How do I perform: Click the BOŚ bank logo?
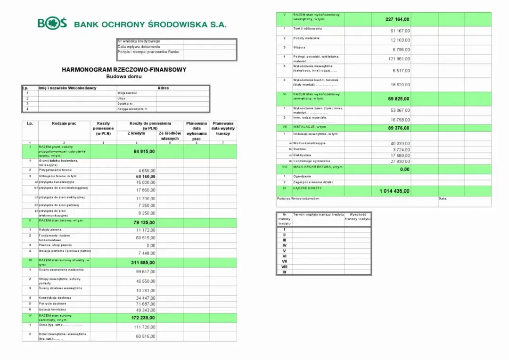click(x=52, y=24)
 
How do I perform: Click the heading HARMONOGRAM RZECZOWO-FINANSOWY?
click(x=124, y=70)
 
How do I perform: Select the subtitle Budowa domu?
click(x=124, y=76)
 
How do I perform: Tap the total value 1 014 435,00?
click(x=394, y=191)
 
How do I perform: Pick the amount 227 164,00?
click(x=397, y=19)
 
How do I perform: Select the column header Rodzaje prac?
click(x=64, y=123)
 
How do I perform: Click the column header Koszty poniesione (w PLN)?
click(x=103, y=128)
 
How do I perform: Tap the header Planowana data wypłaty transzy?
click(x=223, y=129)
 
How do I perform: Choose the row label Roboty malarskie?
click(x=306, y=38)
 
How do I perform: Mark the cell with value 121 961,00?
click(x=399, y=59)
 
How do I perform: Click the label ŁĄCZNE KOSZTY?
click(x=307, y=188)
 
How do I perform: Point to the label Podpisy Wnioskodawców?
click(x=298, y=199)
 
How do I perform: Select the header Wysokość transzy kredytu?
click(x=358, y=217)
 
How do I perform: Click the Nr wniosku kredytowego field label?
click(x=139, y=41)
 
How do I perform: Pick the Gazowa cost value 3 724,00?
click(x=400, y=149)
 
